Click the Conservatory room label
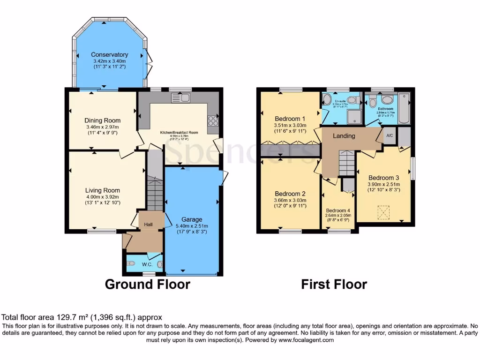pos(109,55)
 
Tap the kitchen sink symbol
pos(181,97)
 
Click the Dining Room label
pos(102,120)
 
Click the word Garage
pos(192,219)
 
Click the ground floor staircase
pos(154,192)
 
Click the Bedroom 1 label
pos(290,119)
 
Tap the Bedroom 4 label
pos(338,210)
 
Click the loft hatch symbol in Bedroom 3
pos(383,212)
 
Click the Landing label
pos(344,136)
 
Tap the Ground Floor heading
pos(147,285)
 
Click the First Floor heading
pos(334,285)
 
